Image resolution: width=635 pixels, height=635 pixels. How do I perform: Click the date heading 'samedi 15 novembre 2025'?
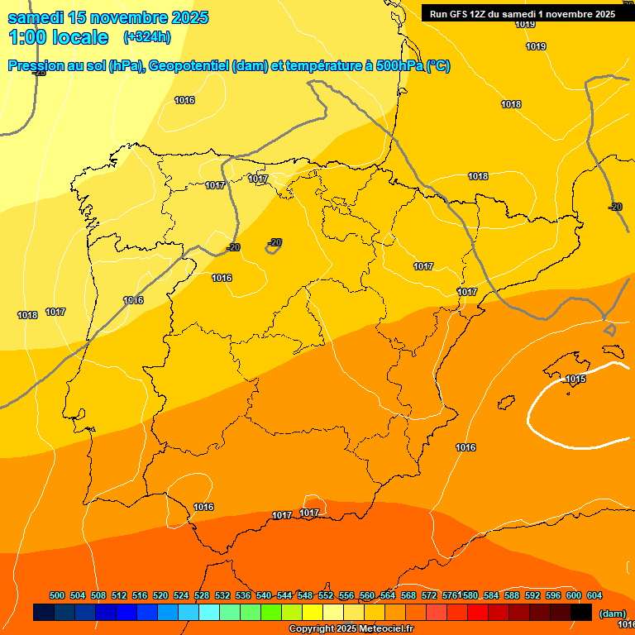coord(108,17)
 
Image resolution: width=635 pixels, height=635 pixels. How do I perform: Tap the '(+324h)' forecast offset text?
coord(147,37)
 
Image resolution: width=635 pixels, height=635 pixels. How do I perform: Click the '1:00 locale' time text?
coord(58,37)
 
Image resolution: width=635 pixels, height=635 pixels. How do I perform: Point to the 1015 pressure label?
coord(575,380)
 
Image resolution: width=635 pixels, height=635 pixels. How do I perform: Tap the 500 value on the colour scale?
coord(57,595)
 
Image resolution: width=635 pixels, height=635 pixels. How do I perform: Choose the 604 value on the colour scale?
coord(594,595)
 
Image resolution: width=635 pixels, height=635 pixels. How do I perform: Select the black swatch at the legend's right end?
coord(581,613)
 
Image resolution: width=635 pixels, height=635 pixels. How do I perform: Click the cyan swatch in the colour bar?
coord(209,613)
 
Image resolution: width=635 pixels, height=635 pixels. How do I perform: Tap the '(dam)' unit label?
coord(613,613)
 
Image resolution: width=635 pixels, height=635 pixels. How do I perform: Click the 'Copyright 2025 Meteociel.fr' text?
coord(351,629)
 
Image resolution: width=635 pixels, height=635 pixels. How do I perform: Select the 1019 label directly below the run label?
coord(525,24)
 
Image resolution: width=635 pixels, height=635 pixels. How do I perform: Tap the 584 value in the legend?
coord(491,595)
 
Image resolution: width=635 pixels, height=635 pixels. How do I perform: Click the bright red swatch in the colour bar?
coord(478,613)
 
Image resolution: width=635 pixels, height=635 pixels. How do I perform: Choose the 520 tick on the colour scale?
coord(160,595)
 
